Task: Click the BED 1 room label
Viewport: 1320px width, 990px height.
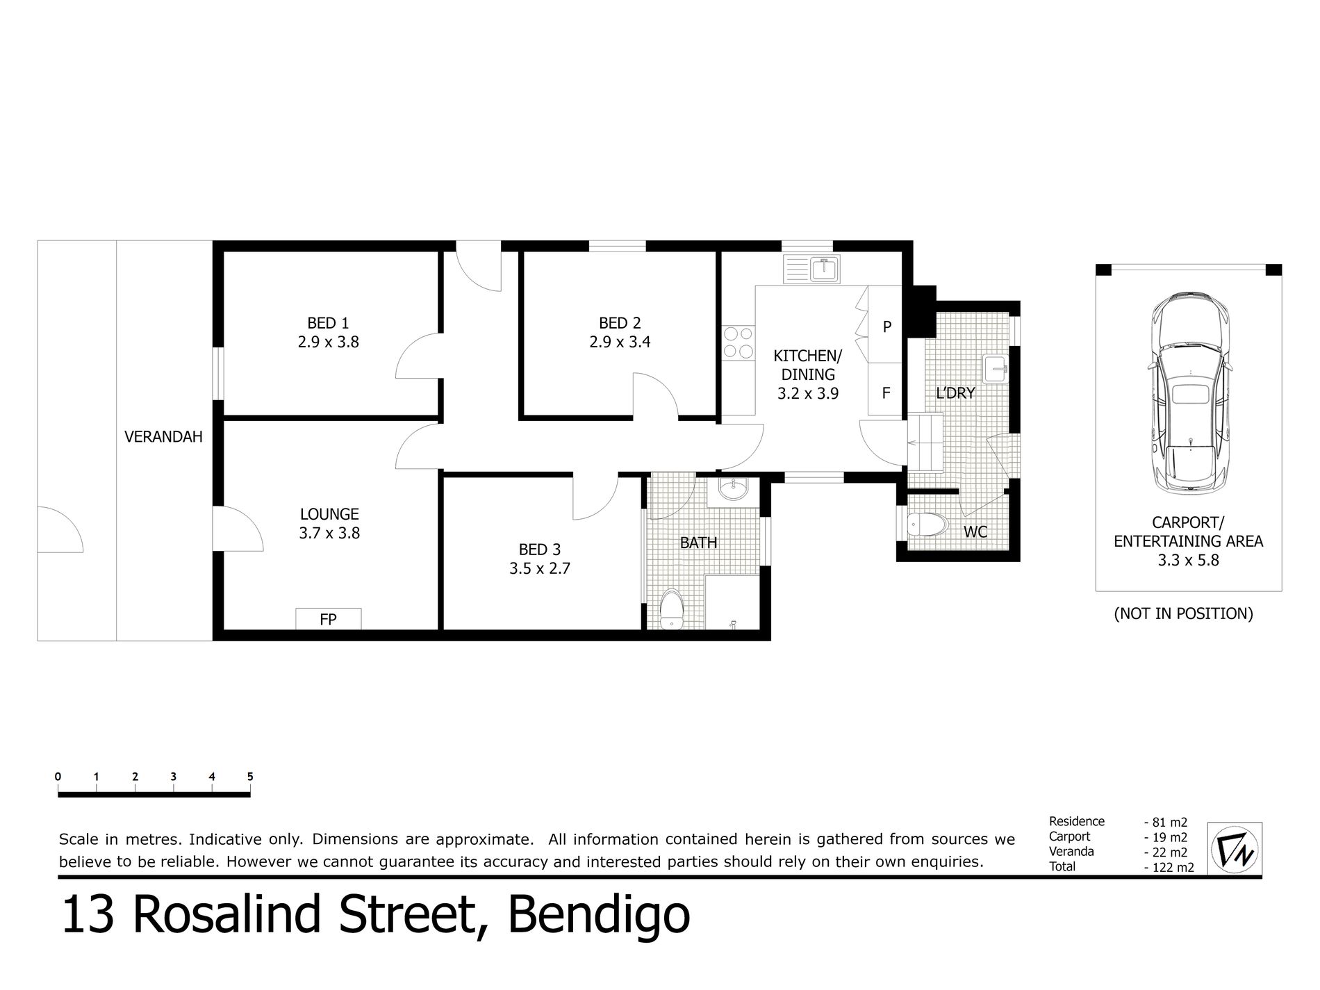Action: [x=328, y=323]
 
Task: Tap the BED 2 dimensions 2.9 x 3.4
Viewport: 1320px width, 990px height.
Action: [x=620, y=342]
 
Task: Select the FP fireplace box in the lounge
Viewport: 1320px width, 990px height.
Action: [x=328, y=619]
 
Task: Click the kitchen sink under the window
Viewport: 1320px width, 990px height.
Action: [x=811, y=269]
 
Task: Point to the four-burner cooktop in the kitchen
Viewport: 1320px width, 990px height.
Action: [x=739, y=343]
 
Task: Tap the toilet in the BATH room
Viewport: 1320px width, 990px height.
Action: [x=671, y=609]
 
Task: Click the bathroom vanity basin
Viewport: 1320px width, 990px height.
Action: [x=732, y=490]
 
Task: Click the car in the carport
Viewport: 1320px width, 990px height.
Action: [x=1189, y=393]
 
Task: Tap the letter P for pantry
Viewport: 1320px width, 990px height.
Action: [x=887, y=327]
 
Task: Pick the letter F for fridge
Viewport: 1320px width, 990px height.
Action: [x=886, y=393]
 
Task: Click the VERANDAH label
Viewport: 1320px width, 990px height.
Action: [x=163, y=437]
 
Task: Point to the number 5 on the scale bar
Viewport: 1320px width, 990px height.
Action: [x=250, y=777]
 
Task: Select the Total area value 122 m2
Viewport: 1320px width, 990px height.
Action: [x=1169, y=867]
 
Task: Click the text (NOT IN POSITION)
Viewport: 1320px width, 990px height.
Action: [x=1183, y=614]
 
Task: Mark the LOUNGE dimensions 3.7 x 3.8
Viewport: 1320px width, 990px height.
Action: [x=329, y=534]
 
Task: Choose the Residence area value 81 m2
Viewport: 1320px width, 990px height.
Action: [x=1166, y=823]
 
